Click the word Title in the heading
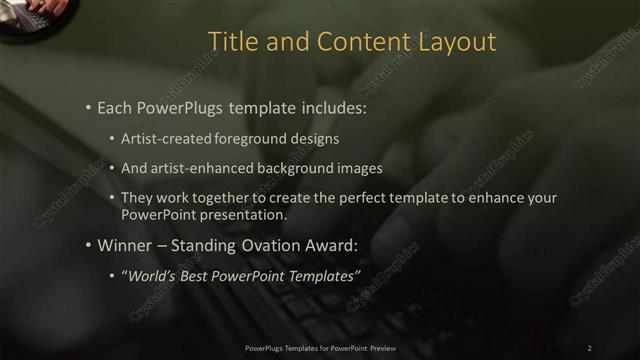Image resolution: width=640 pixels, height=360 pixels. click(x=228, y=42)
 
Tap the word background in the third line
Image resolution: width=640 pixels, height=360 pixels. click(x=288, y=168)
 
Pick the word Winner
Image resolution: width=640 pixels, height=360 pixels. click(x=123, y=245)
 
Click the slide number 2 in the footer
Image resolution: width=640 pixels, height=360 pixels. click(x=589, y=347)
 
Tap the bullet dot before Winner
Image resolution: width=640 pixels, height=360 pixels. click(x=89, y=245)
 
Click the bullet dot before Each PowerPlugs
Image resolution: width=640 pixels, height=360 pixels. click(x=89, y=105)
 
